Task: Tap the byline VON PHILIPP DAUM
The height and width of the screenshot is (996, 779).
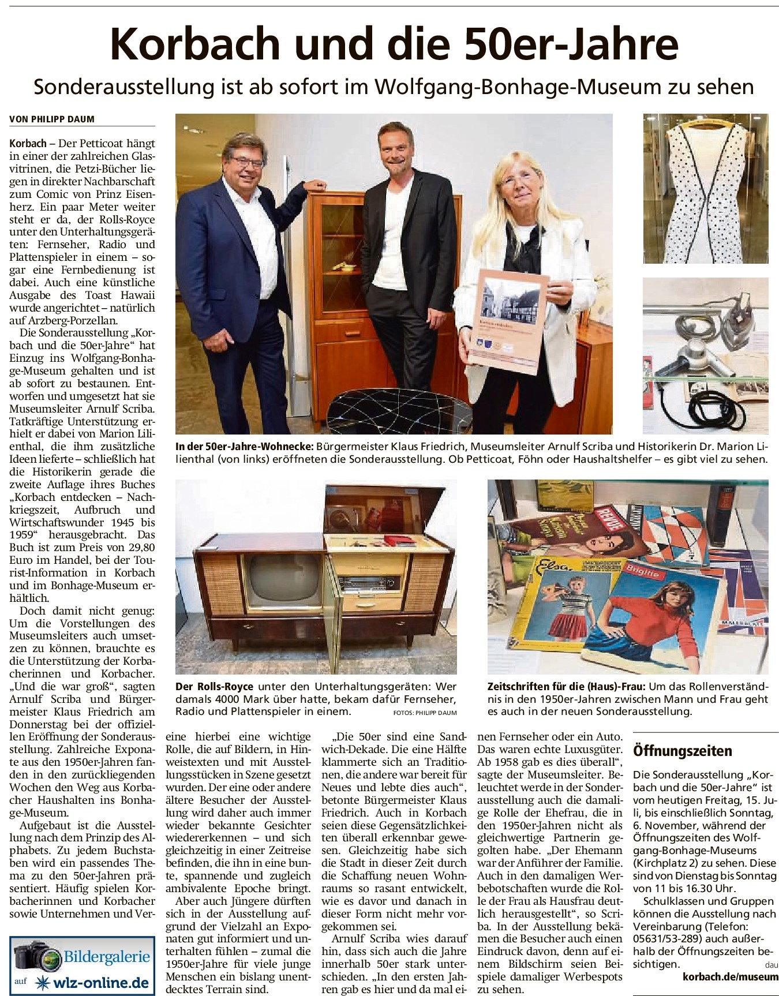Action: pyautogui.click(x=52, y=119)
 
